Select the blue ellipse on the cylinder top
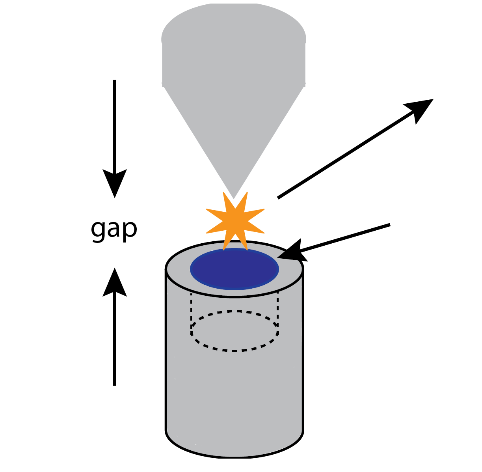coord(234,269)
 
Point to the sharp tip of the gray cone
coord(234,198)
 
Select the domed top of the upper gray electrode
coord(234,24)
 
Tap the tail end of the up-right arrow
coord(279,197)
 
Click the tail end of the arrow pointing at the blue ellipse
coord(389,225)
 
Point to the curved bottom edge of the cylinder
coord(234,455)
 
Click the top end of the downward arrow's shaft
coord(115,81)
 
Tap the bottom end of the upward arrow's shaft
coord(115,384)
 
